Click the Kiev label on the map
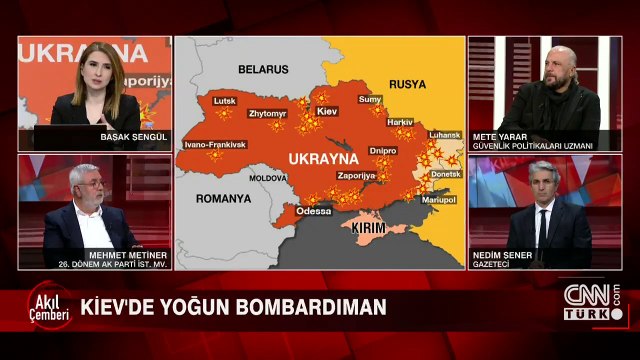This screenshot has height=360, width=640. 327,110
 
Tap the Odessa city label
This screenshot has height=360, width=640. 313,211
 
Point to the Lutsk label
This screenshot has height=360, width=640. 224,102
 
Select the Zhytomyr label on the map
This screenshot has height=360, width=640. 267,113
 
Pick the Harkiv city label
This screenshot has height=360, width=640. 399,121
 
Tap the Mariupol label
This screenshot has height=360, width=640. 438,200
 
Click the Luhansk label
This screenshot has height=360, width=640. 443,135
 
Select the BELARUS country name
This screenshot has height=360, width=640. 262,69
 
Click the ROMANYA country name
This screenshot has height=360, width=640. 224,199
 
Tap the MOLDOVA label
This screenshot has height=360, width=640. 267,177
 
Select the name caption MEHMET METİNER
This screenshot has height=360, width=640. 91,254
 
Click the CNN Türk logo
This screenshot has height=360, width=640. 592,300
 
